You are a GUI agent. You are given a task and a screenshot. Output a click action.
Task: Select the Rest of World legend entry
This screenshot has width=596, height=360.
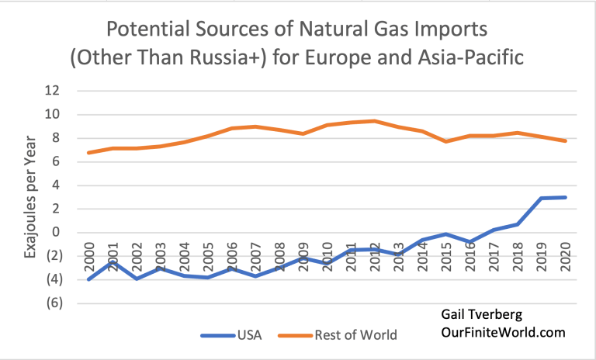(355, 335)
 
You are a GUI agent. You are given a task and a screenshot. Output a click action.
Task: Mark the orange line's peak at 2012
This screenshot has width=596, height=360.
(375, 121)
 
